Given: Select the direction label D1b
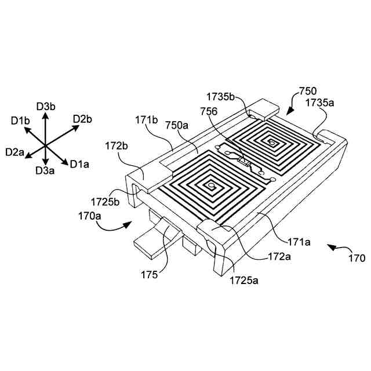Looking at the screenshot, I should click(20, 120).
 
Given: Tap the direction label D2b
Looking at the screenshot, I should click(82, 119).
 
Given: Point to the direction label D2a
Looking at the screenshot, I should click(14, 152).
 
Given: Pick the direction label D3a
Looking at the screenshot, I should click(45, 170).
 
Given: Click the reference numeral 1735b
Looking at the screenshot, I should click(221, 96).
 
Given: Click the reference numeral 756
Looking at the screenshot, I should click(209, 112).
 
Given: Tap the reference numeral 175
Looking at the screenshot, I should click(149, 275).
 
